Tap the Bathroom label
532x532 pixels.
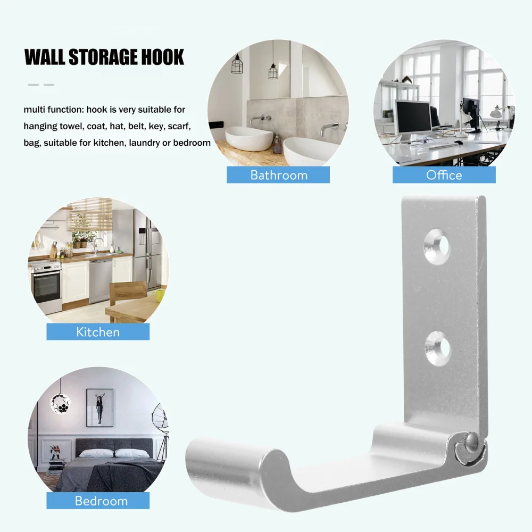(278, 175)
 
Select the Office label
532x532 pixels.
(444, 175)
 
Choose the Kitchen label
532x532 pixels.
(98, 332)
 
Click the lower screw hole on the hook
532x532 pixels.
(437, 348)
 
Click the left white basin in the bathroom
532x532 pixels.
(249, 138)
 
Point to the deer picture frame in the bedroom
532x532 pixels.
(99, 407)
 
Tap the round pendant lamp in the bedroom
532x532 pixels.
(60, 402)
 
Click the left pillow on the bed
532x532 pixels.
(96, 453)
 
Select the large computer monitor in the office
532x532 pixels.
(413, 118)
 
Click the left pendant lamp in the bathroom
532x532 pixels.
(237, 64)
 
